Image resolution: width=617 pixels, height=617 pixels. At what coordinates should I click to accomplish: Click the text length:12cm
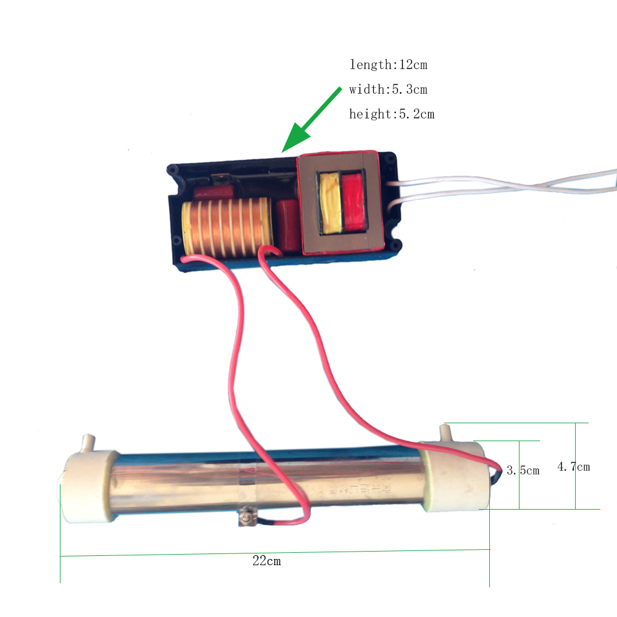click(388, 64)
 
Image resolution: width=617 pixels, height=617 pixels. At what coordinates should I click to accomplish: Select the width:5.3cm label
click(388, 89)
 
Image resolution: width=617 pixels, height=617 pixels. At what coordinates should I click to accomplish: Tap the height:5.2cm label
click(391, 114)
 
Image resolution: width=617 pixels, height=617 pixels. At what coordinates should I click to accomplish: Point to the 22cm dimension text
click(267, 561)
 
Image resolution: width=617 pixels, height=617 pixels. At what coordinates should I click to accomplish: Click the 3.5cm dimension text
click(523, 470)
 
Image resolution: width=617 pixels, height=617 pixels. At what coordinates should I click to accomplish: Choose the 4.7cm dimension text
click(573, 466)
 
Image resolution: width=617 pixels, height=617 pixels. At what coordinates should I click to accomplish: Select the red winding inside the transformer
click(354, 203)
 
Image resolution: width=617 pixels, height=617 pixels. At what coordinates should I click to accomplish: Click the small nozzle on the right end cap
click(445, 431)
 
